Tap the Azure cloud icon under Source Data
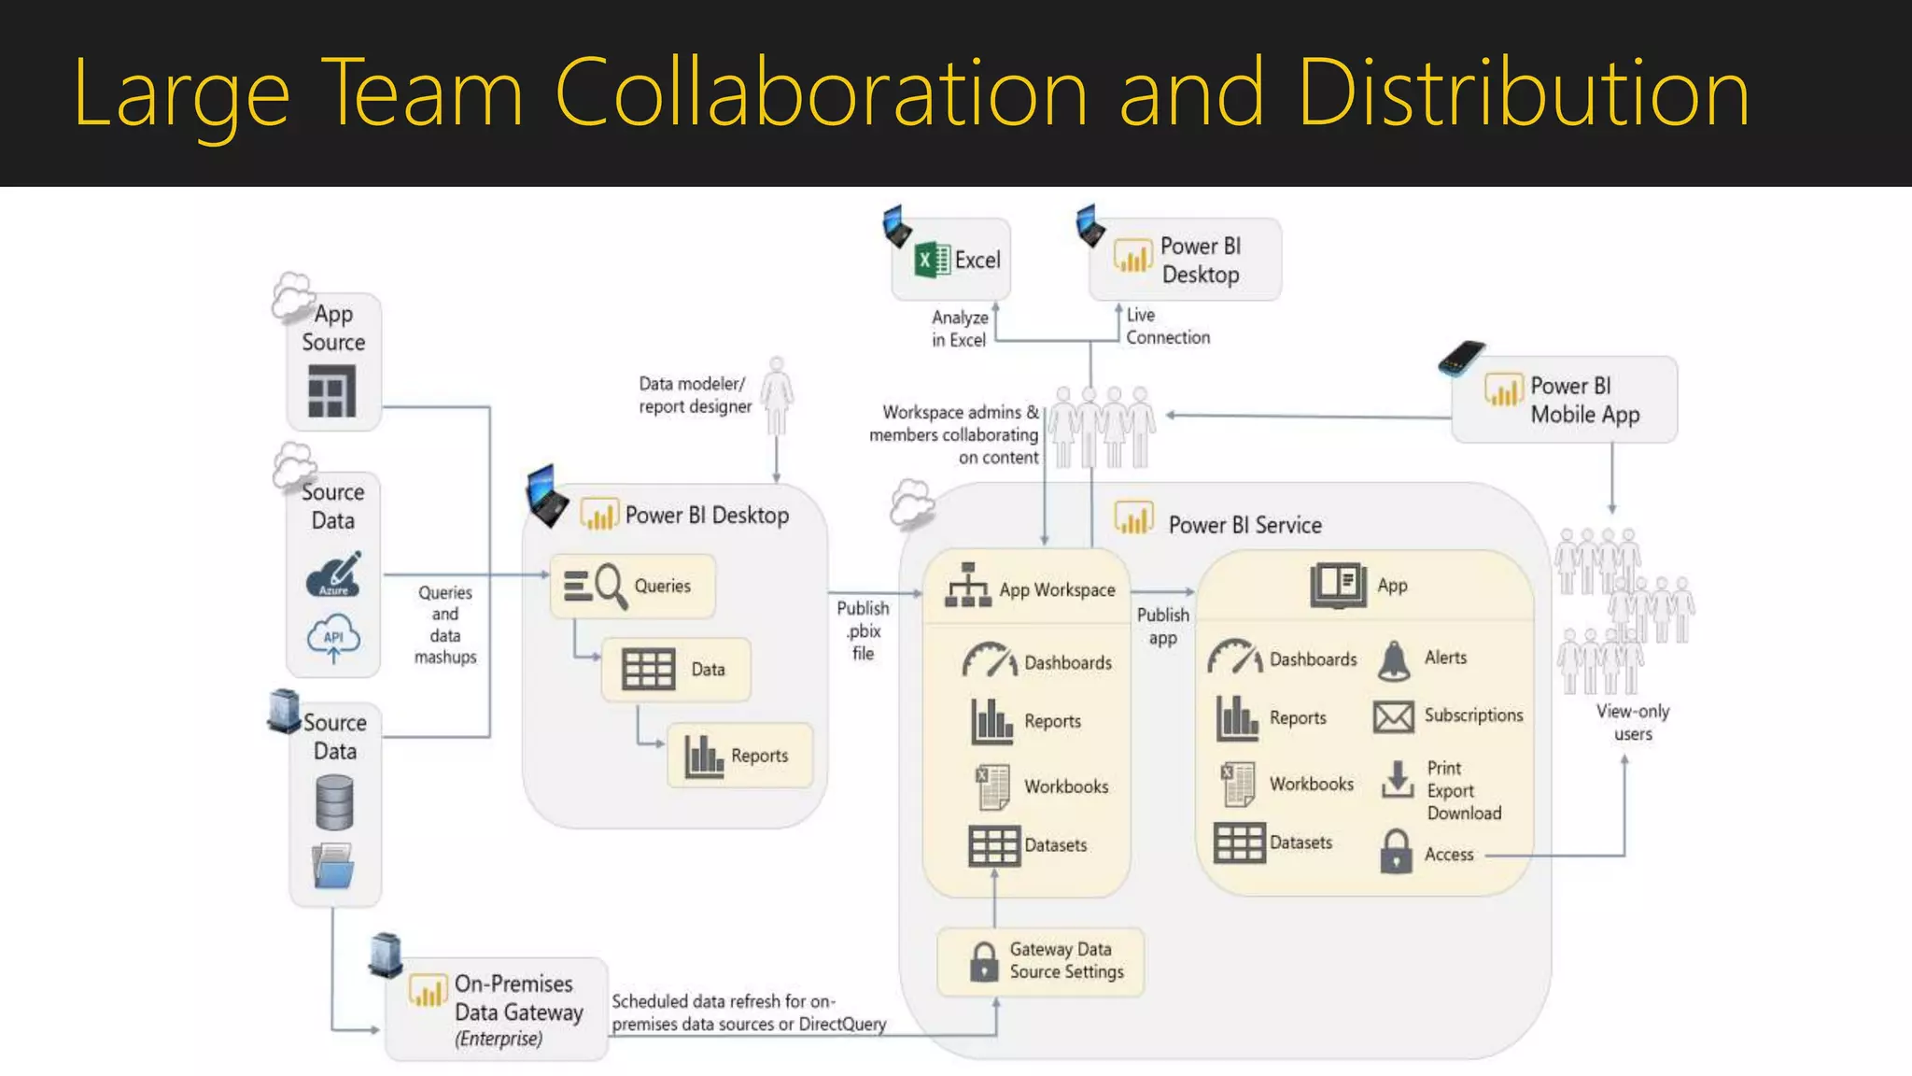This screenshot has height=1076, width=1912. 333,574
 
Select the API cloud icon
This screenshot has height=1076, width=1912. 333,638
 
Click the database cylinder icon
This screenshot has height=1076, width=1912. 334,803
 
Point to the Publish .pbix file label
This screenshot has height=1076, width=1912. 863,630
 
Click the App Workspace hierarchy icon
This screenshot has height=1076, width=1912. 968,587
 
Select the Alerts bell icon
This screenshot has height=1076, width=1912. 1394,660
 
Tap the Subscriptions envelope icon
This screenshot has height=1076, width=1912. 1394,717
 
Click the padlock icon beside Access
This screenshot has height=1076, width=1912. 1396,851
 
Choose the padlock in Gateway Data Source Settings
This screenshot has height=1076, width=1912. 984,961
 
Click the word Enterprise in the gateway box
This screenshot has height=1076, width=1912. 499,1039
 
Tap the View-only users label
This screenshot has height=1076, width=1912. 1633,722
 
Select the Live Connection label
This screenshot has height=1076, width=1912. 1167,326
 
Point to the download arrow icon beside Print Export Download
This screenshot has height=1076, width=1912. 1397,780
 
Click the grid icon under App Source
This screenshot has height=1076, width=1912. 332,391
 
